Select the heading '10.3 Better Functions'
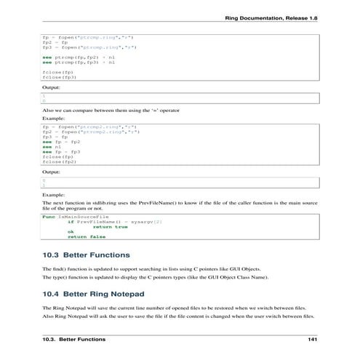coord(87,255)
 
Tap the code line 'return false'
coord(87,236)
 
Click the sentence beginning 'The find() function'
coord(167,270)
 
